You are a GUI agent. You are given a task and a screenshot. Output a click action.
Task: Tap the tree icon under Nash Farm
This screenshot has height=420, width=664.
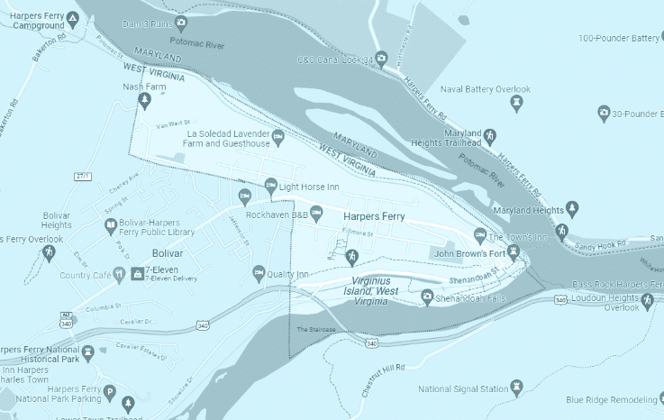point(144,100)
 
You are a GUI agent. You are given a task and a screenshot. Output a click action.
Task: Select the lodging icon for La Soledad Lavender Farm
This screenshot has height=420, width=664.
point(277,137)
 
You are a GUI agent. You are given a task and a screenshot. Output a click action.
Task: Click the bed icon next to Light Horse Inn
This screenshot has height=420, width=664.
point(270,187)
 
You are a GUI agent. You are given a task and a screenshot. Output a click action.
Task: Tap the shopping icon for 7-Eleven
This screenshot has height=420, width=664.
point(138,273)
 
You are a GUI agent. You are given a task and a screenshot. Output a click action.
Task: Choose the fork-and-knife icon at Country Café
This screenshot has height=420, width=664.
point(117,274)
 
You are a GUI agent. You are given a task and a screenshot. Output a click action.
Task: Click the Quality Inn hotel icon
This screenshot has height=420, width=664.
point(259,273)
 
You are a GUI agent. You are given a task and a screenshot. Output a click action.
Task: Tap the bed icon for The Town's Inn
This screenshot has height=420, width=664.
point(480,236)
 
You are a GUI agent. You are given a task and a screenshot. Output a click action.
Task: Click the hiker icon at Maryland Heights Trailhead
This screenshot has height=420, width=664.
point(490,138)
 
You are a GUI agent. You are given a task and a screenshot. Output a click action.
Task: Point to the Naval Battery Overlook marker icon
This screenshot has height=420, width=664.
point(515,104)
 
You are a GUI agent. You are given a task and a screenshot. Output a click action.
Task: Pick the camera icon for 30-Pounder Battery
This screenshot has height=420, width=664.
point(603,114)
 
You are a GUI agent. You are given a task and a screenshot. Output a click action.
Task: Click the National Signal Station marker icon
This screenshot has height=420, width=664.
point(516,388)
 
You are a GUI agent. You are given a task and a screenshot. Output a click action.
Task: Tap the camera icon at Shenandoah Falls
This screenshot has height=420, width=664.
point(427,297)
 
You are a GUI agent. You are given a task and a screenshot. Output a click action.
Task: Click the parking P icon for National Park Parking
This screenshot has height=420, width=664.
point(109,392)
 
